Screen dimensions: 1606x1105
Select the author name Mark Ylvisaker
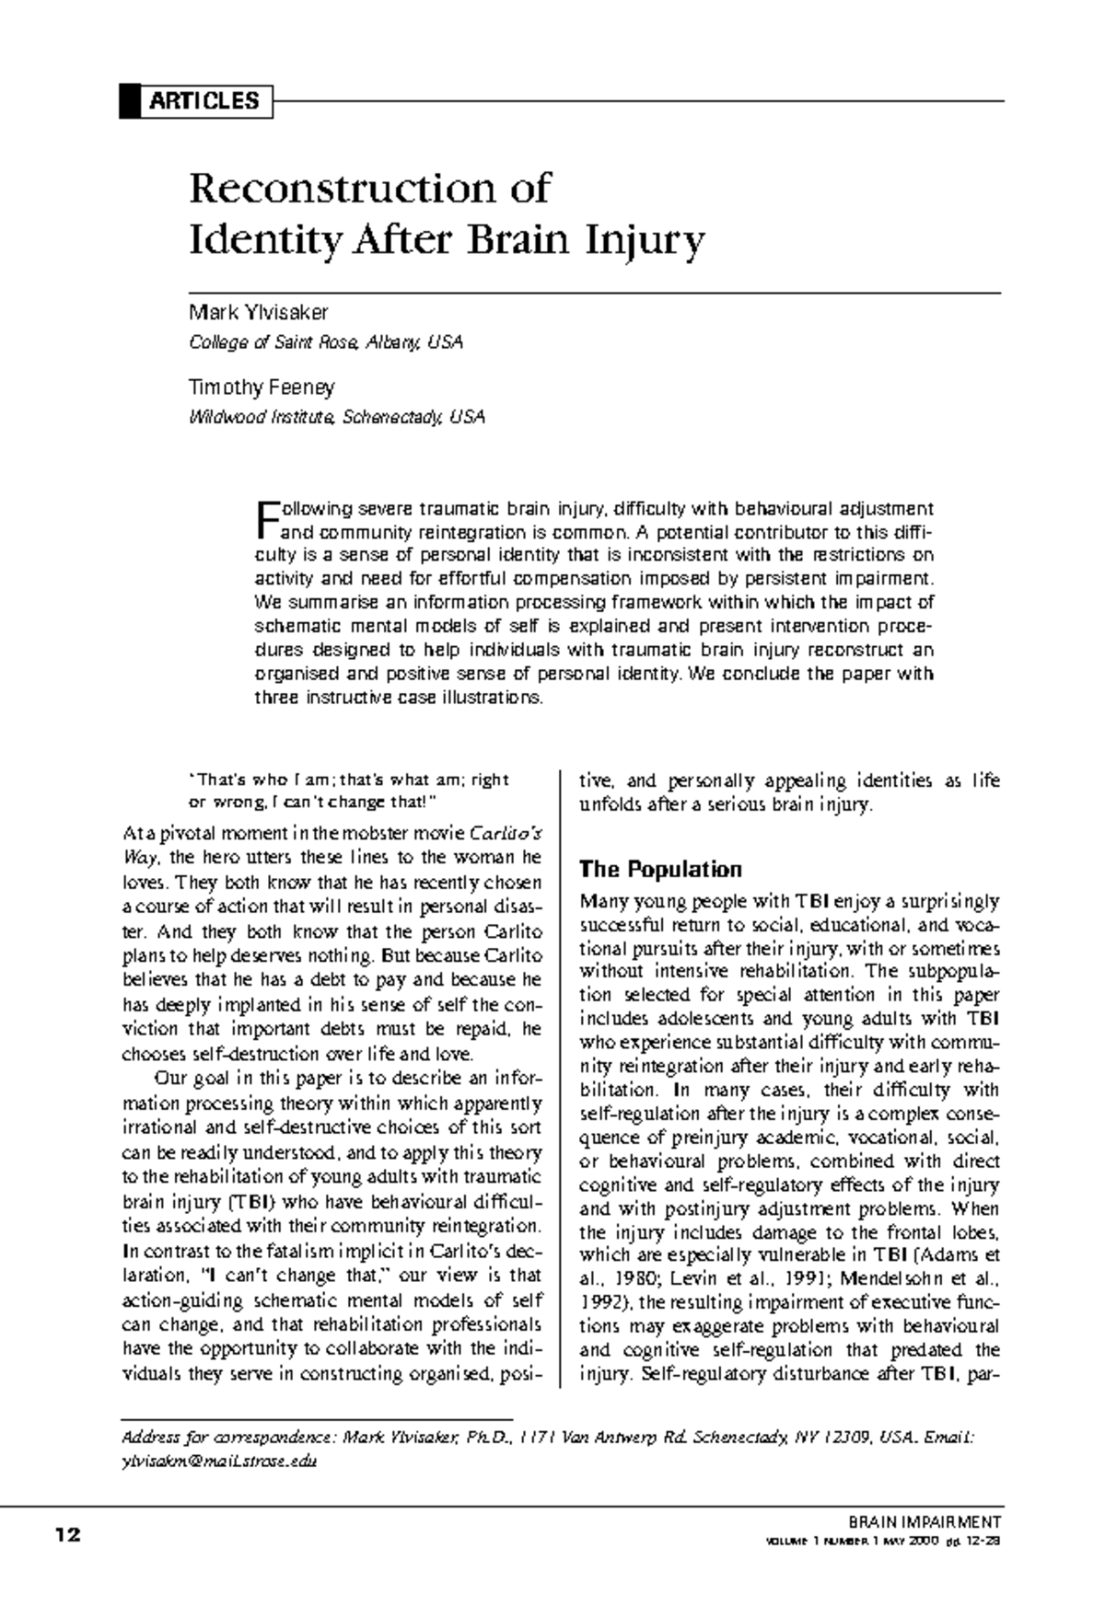[x=259, y=313]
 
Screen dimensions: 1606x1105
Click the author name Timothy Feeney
[x=262, y=387]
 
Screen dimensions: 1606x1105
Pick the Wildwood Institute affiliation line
[x=335, y=417]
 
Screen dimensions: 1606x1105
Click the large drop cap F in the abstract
[x=266, y=519]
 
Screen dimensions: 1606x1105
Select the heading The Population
[x=660, y=870]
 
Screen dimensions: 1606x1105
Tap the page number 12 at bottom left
[x=67, y=1534]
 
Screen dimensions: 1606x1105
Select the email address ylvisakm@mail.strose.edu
[x=219, y=1462]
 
